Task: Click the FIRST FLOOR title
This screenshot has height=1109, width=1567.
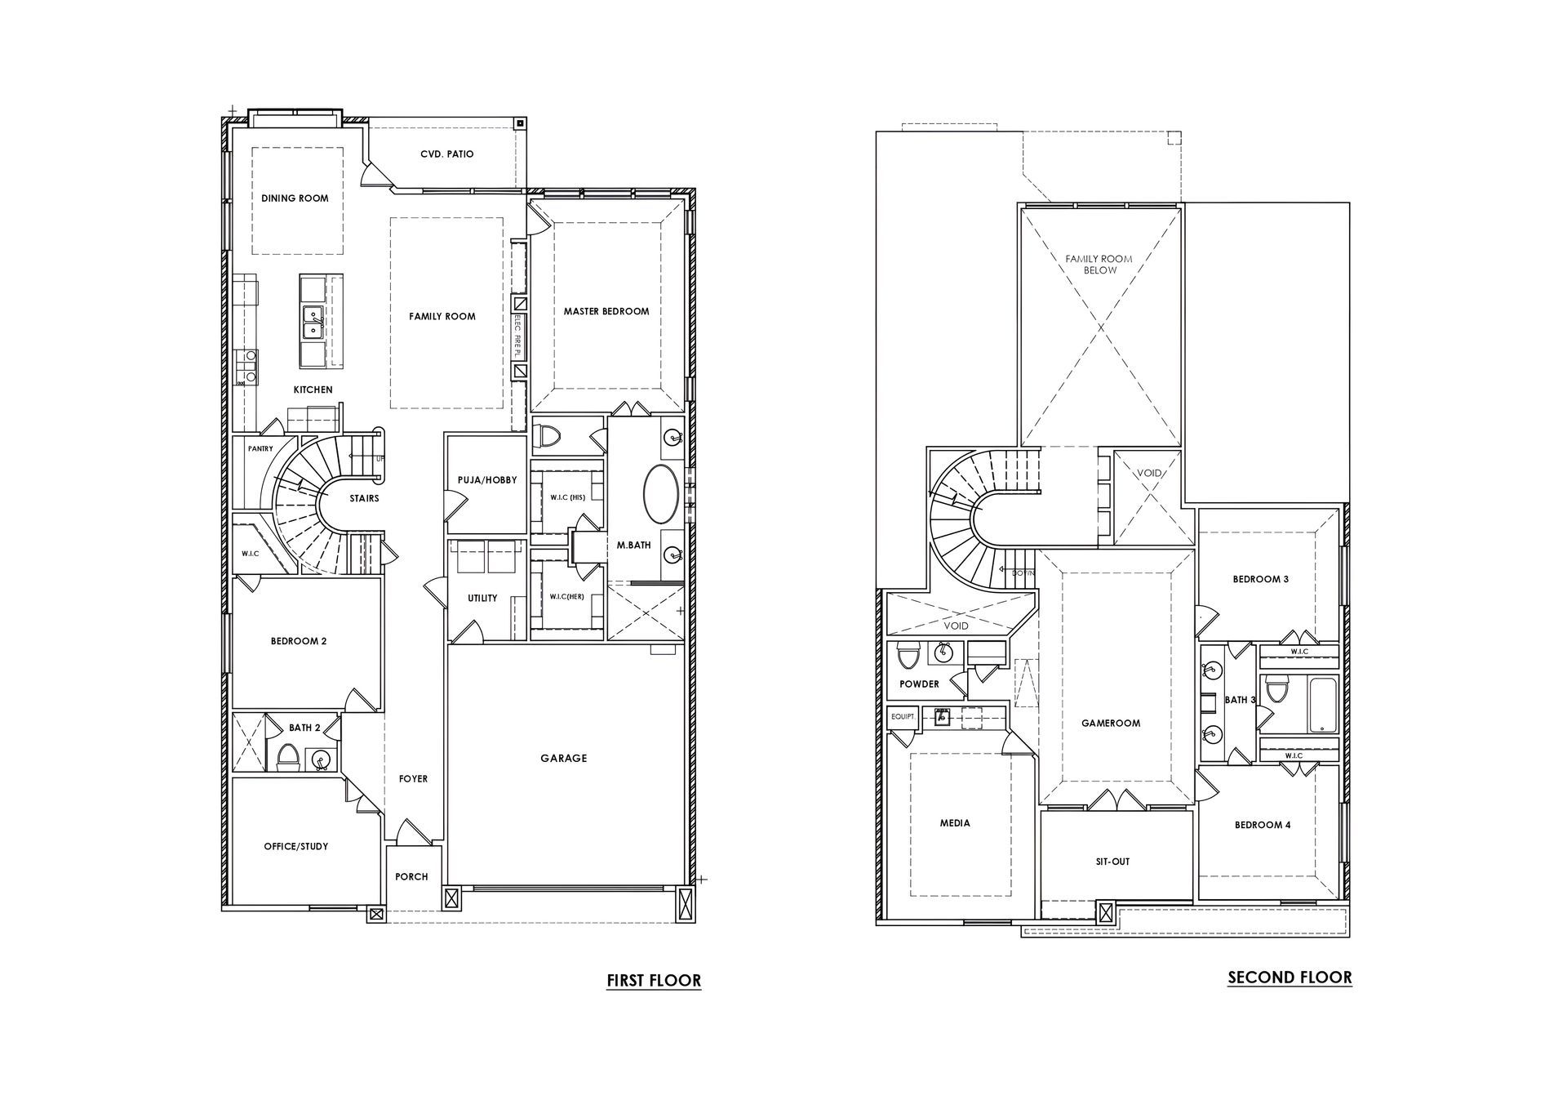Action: [654, 980]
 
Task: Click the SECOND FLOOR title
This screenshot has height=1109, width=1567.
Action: [1290, 977]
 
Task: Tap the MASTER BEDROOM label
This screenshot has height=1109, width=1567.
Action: [606, 311]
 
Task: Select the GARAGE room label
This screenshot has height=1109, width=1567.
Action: [564, 758]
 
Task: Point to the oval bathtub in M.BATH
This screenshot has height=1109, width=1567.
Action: [661, 494]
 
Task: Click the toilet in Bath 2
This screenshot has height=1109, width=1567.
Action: [288, 757]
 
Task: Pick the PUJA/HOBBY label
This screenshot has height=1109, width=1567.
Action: [486, 480]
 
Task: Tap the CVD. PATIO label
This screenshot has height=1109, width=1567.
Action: [447, 154]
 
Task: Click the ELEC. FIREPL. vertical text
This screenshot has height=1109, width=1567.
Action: [517, 336]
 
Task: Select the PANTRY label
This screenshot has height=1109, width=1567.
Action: [260, 448]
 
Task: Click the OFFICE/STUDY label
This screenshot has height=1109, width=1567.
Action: [296, 846]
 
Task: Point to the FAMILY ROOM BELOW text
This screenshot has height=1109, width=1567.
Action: [1099, 265]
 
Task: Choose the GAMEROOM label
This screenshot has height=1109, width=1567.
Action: [1111, 723]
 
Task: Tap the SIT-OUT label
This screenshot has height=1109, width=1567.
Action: [1112, 862]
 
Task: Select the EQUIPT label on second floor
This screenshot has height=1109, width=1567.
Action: [903, 716]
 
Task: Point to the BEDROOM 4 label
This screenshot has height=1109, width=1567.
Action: [1263, 825]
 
